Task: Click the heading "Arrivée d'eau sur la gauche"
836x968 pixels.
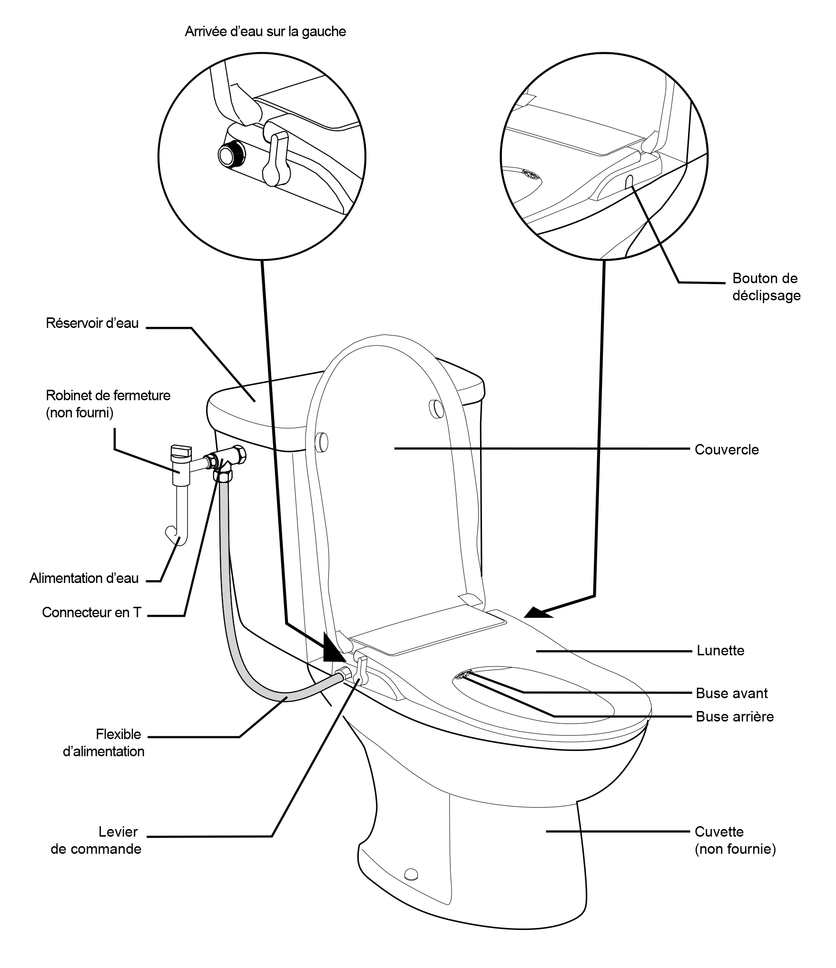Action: coord(265,32)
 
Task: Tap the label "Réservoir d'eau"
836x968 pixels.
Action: coord(92,323)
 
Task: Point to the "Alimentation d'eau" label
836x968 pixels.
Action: coord(84,578)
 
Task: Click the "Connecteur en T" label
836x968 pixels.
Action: coord(92,612)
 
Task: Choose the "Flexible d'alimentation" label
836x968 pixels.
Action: coord(104,743)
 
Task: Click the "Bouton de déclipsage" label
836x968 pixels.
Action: coord(766,286)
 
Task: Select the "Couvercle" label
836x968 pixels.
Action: coord(727,449)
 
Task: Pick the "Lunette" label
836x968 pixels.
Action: coord(720,650)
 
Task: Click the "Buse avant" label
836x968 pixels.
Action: coord(732,693)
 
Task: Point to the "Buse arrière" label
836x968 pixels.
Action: coord(735,716)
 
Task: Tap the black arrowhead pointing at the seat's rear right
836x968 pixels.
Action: coord(539,612)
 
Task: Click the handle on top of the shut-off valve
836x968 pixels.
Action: coord(181,450)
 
